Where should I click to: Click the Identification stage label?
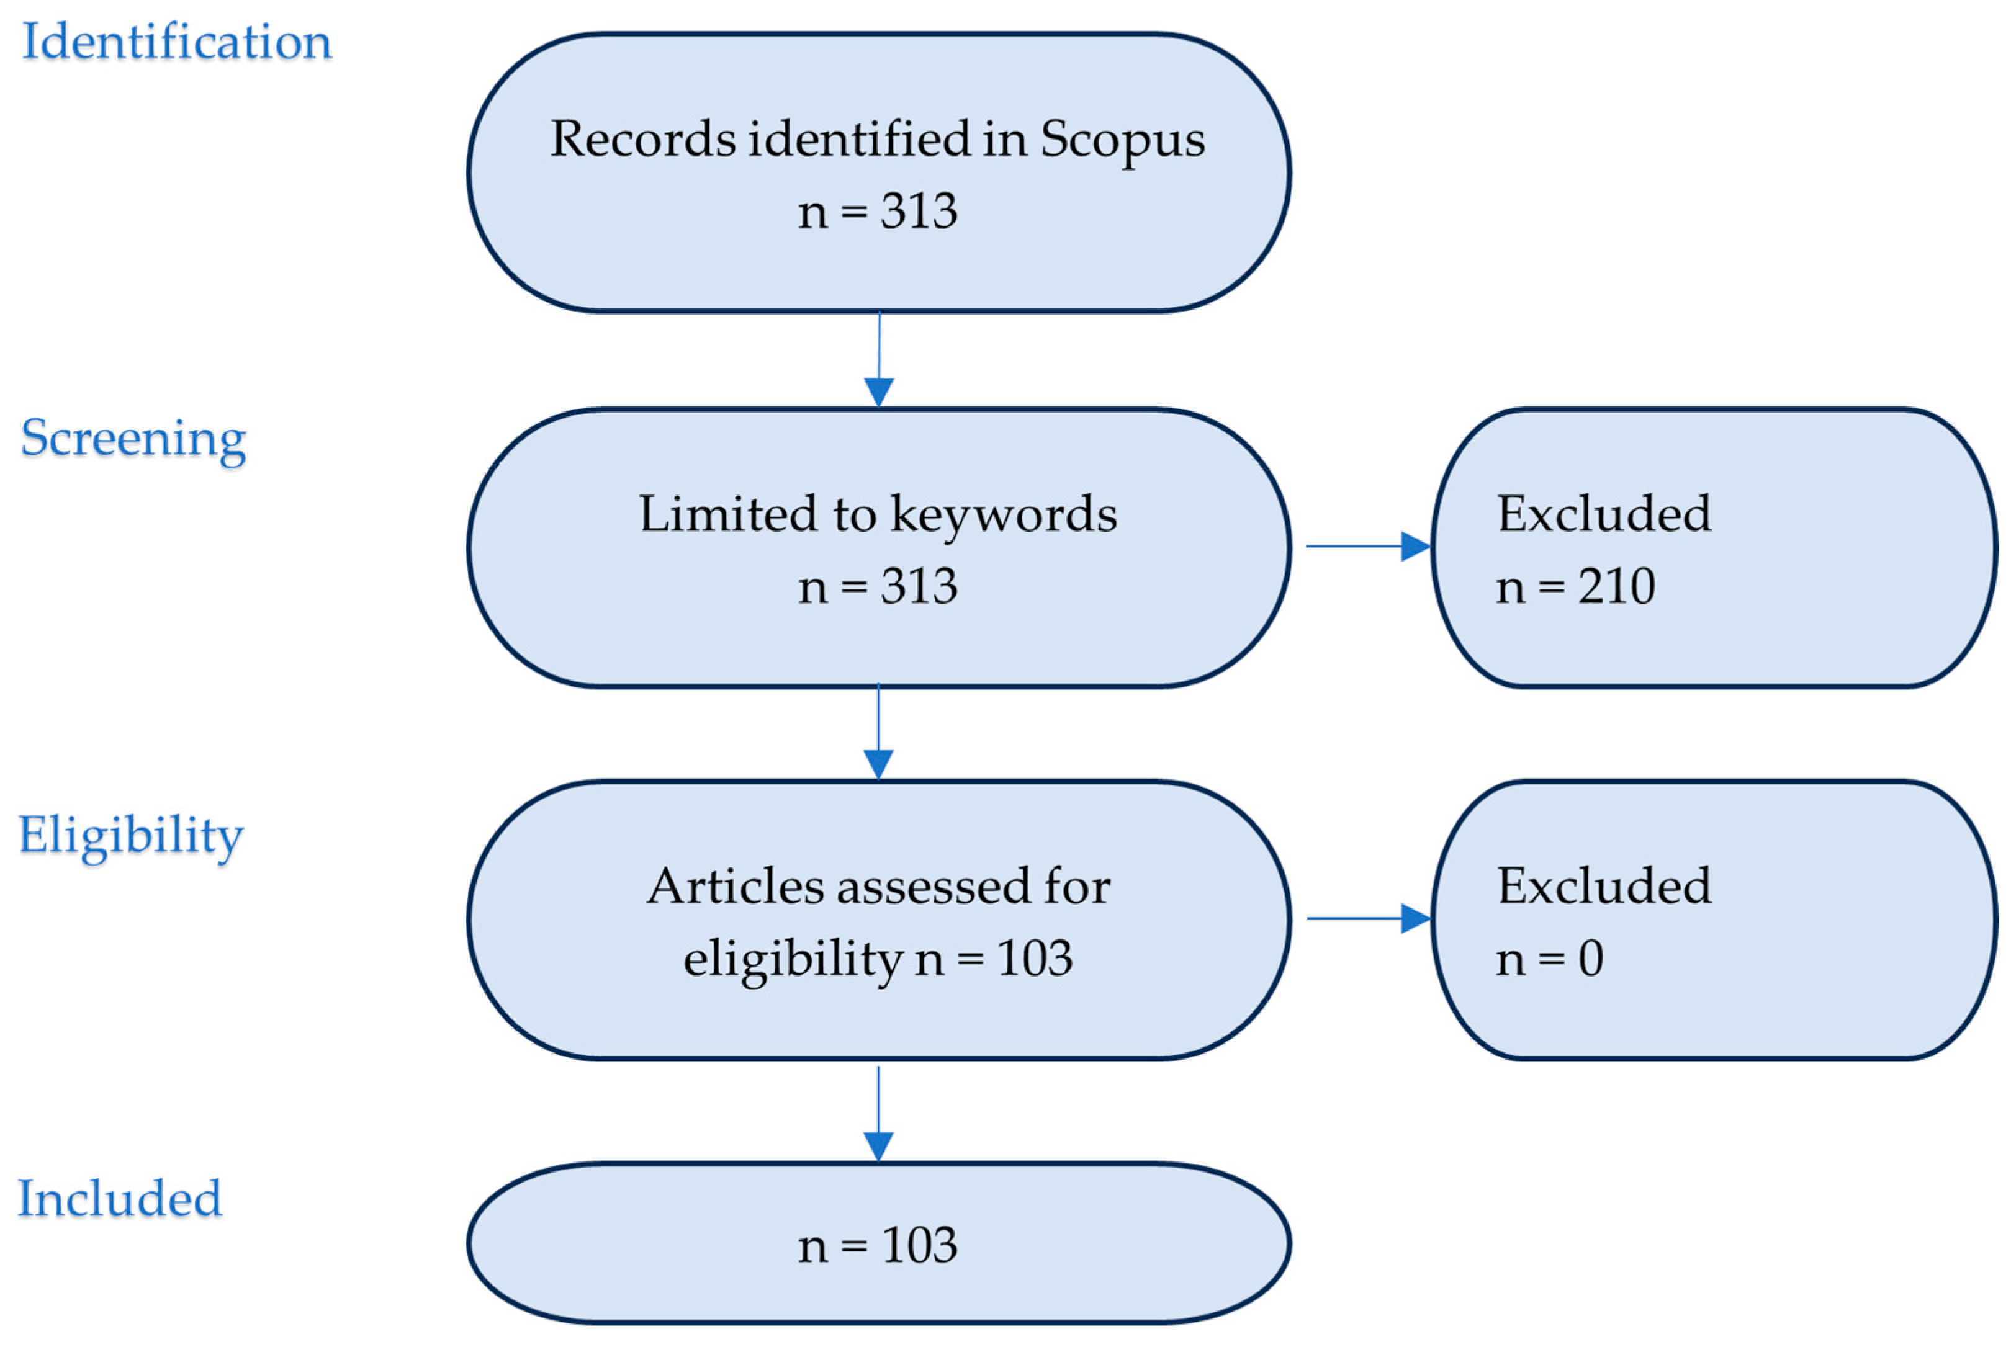(176, 41)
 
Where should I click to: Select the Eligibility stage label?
(130, 835)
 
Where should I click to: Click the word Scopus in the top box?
(1122, 139)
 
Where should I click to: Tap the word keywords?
(1003, 514)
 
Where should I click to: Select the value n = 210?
(1575, 587)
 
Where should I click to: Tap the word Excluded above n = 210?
(1604, 514)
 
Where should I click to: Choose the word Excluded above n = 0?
(1604, 887)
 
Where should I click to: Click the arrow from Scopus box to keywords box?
(878, 361)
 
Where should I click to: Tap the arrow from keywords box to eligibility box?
(878, 733)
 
